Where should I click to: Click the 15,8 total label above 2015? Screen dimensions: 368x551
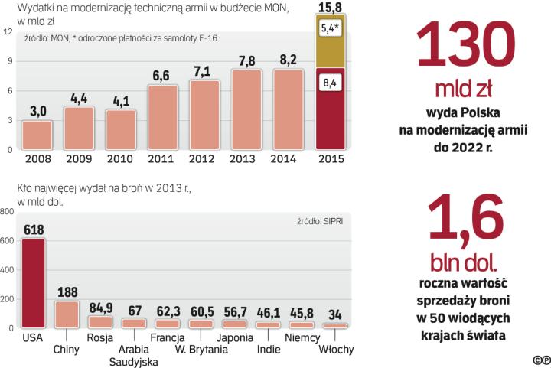coord(331,8)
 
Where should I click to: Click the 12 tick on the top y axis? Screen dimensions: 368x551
coord(7,31)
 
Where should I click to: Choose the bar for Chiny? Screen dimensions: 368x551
coord(67,314)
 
